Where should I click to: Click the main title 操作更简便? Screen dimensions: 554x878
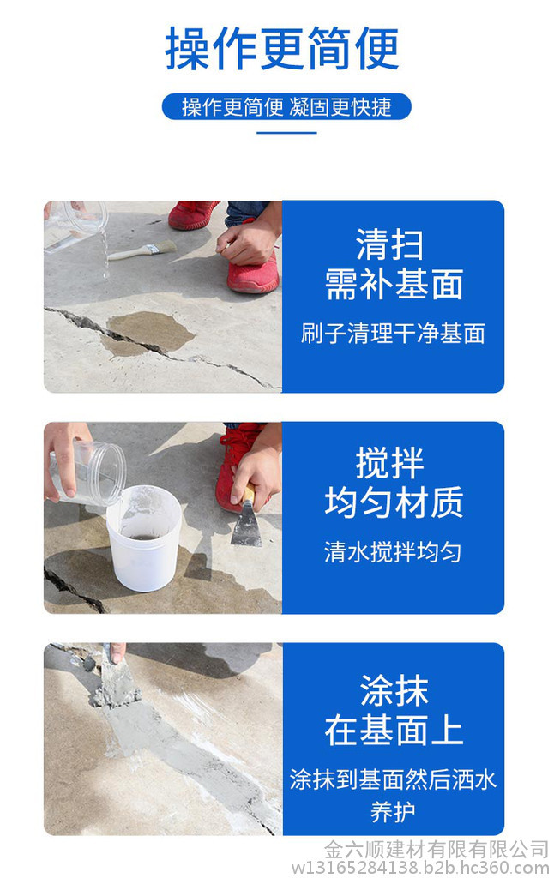[282, 48]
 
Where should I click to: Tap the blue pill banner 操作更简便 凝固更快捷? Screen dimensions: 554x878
[286, 106]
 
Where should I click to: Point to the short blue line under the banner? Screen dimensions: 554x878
[286, 133]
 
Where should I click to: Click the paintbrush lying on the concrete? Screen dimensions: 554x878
[142, 251]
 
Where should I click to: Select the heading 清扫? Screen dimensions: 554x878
[390, 244]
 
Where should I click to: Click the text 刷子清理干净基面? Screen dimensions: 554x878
[393, 334]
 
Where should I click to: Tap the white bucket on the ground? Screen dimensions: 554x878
[144, 538]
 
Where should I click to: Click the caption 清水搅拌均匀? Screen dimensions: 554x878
[393, 551]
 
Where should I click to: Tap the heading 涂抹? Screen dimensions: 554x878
[394, 690]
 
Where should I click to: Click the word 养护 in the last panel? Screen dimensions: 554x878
[393, 811]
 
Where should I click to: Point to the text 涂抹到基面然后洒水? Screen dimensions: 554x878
[393, 779]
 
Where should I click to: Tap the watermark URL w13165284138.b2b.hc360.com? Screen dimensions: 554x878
[420, 869]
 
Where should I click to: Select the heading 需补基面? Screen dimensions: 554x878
[394, 284]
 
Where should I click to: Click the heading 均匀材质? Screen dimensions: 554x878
[394, 502]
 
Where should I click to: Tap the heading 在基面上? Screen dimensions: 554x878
[394, 731]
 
